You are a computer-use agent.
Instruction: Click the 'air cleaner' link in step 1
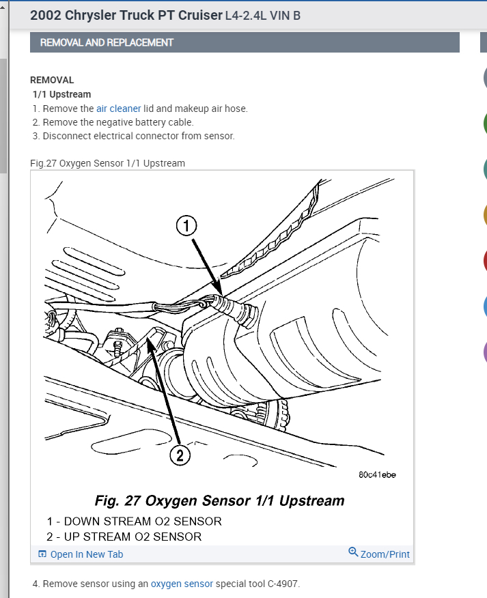coord(118,109)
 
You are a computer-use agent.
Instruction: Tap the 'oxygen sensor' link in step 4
coord(182,584)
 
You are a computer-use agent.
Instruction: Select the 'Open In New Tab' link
coord(87,554)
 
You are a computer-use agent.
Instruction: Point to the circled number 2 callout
coord(179,456)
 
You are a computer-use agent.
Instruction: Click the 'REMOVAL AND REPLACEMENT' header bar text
coord(107,42)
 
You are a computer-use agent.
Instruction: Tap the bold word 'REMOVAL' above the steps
coord(52,80)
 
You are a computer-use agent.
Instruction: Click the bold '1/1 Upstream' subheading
coord(61,94)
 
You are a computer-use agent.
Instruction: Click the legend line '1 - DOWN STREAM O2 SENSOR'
coord(134,522)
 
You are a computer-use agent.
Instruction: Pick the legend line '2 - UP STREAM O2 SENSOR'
coord(124,537)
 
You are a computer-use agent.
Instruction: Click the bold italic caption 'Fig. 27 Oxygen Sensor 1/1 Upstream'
coord(219,501)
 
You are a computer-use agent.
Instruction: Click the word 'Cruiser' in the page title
coord(197,14)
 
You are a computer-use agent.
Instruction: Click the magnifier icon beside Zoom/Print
coord(353,552)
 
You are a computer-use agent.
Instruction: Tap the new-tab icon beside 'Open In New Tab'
coord(42,554)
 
